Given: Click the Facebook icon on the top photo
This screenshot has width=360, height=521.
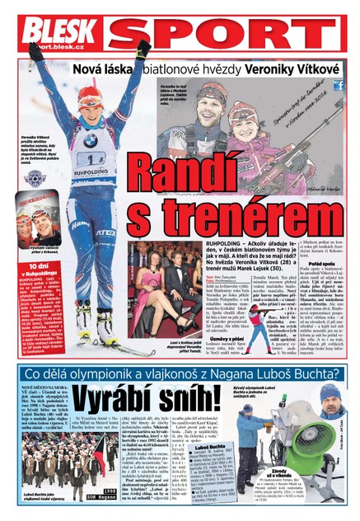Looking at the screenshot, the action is click(x=338, y=85).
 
